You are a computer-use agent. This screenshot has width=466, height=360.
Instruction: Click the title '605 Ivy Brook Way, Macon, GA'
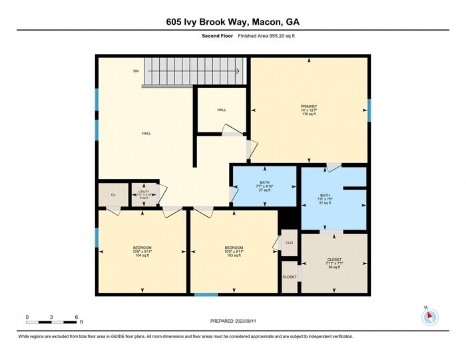tap(232, 22)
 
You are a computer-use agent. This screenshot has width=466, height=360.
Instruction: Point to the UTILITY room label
tap(144, 194)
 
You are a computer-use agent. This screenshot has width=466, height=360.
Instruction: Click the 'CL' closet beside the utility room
tap(113, 194)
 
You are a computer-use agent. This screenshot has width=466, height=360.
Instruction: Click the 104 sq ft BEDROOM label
tap(142, 252)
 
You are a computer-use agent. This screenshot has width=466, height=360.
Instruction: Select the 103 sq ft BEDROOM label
tap(233, 252)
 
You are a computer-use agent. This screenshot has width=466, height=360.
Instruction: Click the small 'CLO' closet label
tap(289, 243)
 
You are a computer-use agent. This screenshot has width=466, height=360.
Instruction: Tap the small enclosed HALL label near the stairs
tap(221, 110)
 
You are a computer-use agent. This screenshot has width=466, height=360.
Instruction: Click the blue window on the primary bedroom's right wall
tap(369, 110)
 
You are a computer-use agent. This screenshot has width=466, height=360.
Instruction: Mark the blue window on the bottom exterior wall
tap(206, 294)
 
